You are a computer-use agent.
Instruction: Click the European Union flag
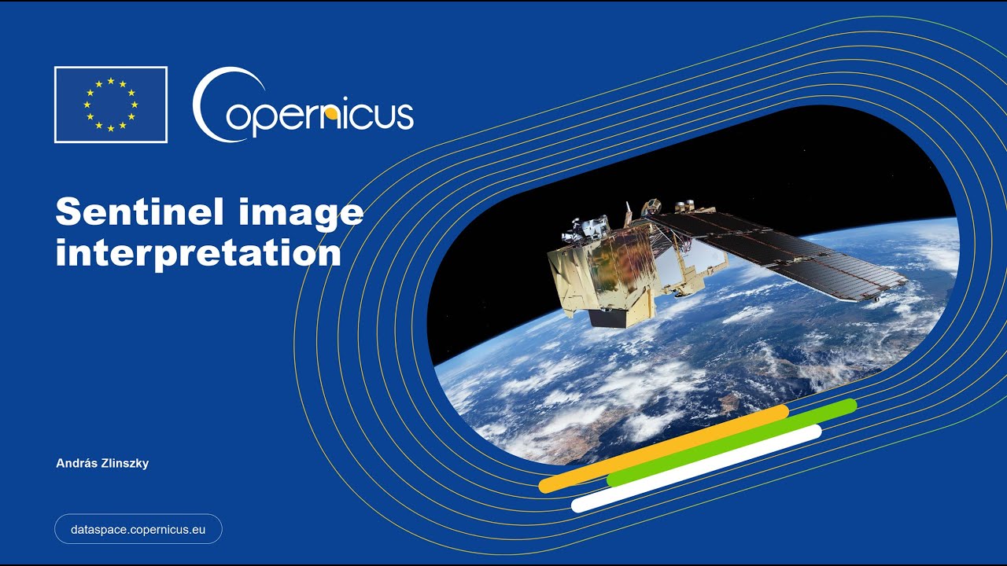(111, 105)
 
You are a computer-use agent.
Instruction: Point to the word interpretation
(198, 253)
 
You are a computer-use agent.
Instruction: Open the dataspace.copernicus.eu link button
(138, 529)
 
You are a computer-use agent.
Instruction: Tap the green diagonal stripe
(732, 442)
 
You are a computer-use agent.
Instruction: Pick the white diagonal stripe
(696, 468)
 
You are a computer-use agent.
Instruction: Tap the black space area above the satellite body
(551, 173)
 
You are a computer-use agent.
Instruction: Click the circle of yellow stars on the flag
(111, 105)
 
